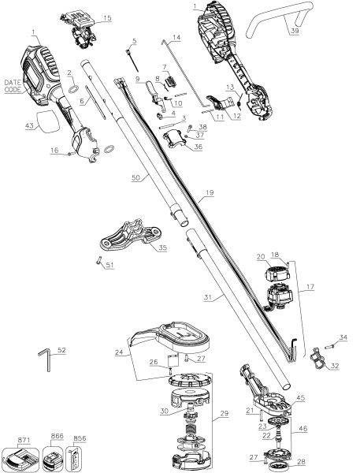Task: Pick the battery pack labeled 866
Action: pyautogui.click(x=56, y=460)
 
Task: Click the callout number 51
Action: pyautogui.click(x=109, y=266)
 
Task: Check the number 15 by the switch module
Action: pyautogui.click(x=107, y=17)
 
